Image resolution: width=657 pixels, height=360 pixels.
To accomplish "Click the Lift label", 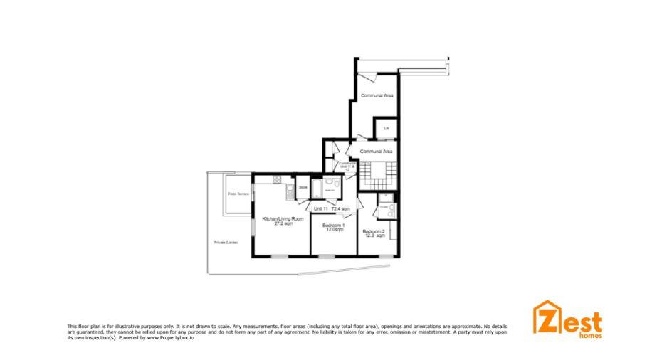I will [387, 129].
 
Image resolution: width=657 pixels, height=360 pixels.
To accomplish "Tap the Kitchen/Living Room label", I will [283, 218].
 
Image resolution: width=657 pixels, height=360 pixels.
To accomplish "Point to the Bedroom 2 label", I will [374, 231].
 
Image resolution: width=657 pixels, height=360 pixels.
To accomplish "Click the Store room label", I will [303, 187].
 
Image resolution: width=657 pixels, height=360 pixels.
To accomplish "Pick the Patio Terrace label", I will [237, 194].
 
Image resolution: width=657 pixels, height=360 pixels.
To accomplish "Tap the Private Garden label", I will [226, 243].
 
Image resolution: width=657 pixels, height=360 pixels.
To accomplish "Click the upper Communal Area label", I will [377, 95].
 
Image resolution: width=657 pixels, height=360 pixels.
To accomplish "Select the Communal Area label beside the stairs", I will [377, 152].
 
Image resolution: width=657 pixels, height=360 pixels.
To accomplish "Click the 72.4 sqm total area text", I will [340, 208].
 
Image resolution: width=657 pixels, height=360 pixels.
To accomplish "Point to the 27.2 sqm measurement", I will [283, 223].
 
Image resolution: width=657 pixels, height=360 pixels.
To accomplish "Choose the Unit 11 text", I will [320, 208].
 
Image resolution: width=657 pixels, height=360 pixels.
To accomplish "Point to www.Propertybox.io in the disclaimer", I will [171, 337].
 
